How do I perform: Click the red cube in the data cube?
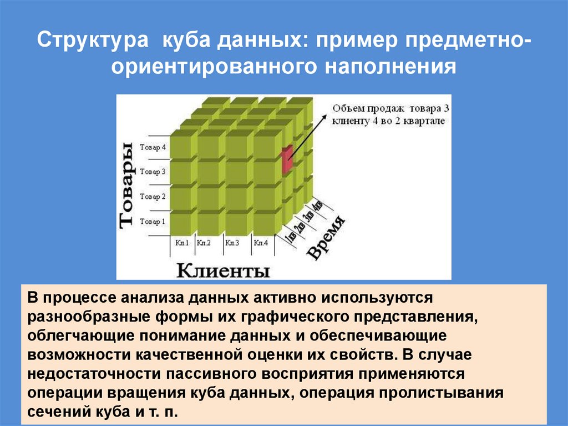[x=287, y=159]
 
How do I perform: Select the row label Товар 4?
[x=153, y=148]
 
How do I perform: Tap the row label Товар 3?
[x=153, y=172]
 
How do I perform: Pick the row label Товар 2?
[x=153, y=197]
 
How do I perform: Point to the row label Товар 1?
[x=153, y=222]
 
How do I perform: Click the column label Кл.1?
[x=182, y=243]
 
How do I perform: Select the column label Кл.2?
[x=204, y=243]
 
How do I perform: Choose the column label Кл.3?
[x=232, y=243]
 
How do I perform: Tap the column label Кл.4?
[x=260, y=243]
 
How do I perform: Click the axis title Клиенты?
[x=224, y=270]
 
